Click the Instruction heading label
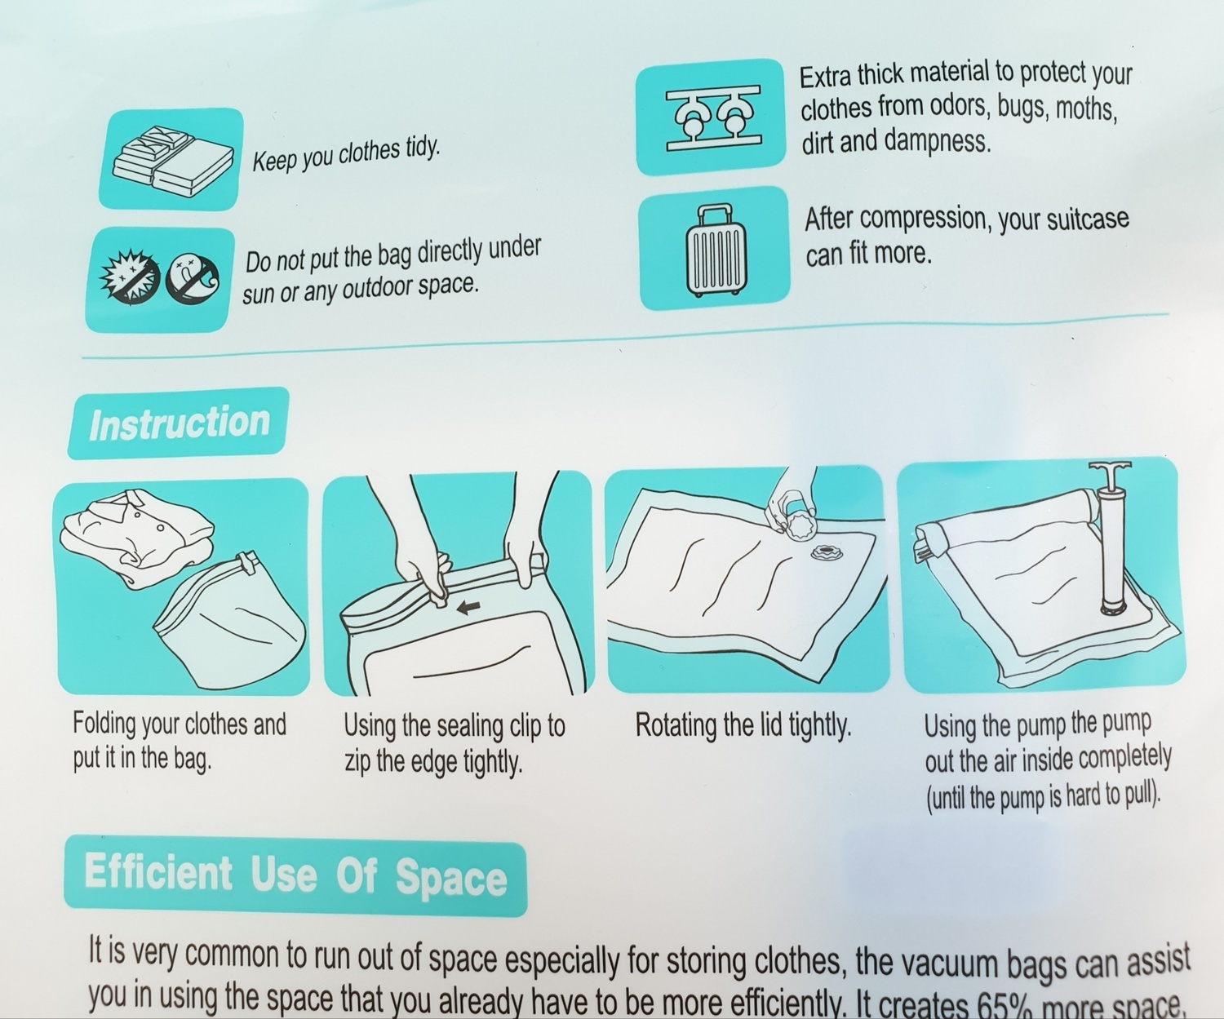[x=179, y=423]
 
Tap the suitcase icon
[x=716, y=250]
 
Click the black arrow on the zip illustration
[x=468, y=608]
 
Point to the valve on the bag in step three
[x=826, y=552]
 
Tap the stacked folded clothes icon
[x=172, y=160]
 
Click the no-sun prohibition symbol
[x=129, y=277]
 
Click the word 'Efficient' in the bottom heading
[x=158, y=872]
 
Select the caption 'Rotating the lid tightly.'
[x=743, y=726]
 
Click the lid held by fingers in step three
[x=798, y=524]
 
